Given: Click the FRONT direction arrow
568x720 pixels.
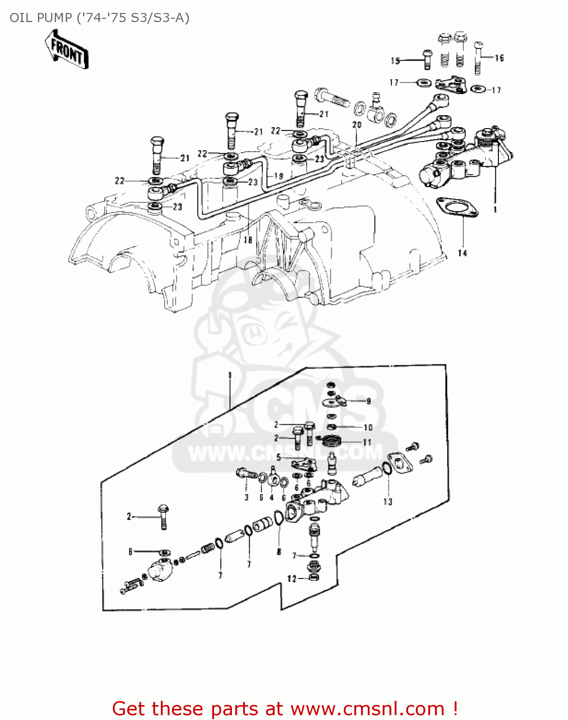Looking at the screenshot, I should pyautogui.click(x=66, y=49).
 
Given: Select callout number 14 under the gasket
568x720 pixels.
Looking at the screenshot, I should pyautogui.click(x=462, y=252).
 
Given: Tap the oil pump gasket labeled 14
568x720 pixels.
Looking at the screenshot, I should pyautogui.click(x=457, y=208).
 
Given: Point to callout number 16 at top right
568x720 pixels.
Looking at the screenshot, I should pyautogui.click(x=499, y=58).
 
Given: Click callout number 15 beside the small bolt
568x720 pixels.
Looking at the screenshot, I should pyautogui.click(x=395, y=60).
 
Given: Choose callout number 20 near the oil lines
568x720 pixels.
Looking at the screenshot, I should pyautogui.click(x=356, y=125).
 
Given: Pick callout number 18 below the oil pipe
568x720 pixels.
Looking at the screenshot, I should pyautogui.click(x=248, y=240).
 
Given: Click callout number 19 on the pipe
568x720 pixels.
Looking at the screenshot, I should pyautogui.click(x=279, y=176).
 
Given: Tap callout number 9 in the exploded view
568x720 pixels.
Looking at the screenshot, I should pyautogui.click(x=368, y=401).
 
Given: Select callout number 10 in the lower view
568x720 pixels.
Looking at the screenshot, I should pyautogui.click(x=368, y=427).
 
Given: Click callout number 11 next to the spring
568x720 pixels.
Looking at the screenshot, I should pyautogui.click(x=367, y=442).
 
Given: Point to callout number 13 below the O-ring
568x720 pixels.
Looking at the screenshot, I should pyautogui.click(x=387, y=502).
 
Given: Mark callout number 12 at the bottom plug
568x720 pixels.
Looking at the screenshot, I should pyautogui.click(x=292, y=579).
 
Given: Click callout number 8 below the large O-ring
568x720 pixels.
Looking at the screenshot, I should pyautogui.click(x=279, y=552).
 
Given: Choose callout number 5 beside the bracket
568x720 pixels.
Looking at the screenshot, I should pyautogui.click(x=278, y=458).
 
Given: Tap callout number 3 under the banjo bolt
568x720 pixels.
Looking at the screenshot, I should pyautogui.click(x=246, y=497).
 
